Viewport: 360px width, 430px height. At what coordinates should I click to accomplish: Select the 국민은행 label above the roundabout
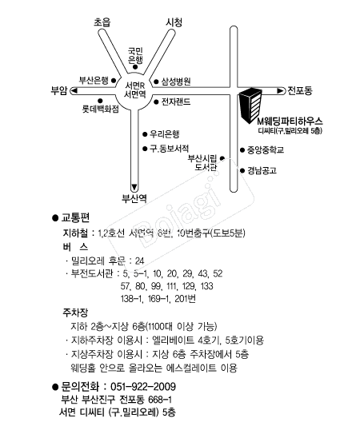tap(136, 54)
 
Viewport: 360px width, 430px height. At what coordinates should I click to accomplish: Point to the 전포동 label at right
tap(303, 90)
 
